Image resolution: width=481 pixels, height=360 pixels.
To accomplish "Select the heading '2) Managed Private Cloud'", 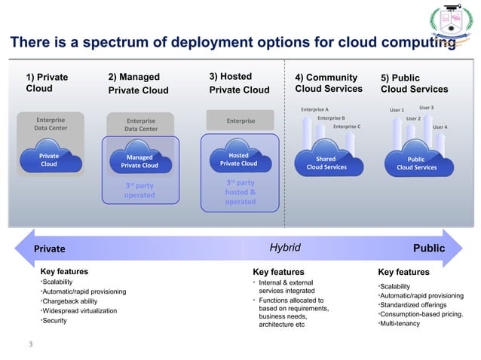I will (138, 84).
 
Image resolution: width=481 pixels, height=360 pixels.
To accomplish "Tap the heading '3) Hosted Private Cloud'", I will (238, 84).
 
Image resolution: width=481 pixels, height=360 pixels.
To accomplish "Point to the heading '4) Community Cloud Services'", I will (328, 84).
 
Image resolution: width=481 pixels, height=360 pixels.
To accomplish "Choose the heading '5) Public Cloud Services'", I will (414, 84).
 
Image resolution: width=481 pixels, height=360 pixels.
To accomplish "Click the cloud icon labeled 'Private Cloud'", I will (48, 160).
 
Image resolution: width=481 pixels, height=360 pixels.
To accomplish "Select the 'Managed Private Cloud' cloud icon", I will (139, 161).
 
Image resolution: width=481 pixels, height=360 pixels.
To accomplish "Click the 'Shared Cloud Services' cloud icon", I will (326, 163).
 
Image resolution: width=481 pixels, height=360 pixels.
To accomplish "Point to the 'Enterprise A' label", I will (314, 110).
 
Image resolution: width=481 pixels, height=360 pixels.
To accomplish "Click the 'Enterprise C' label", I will (347, 127).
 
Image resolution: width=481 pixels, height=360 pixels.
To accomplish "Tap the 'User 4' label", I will (440, 127).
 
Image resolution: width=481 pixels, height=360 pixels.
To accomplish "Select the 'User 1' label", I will (397, 111).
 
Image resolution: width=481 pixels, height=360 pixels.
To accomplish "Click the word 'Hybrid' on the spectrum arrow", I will (285, 248).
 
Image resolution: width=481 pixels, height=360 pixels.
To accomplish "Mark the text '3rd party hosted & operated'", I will (240, 192).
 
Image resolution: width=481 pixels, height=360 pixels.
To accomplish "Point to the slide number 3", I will (31, 346).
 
